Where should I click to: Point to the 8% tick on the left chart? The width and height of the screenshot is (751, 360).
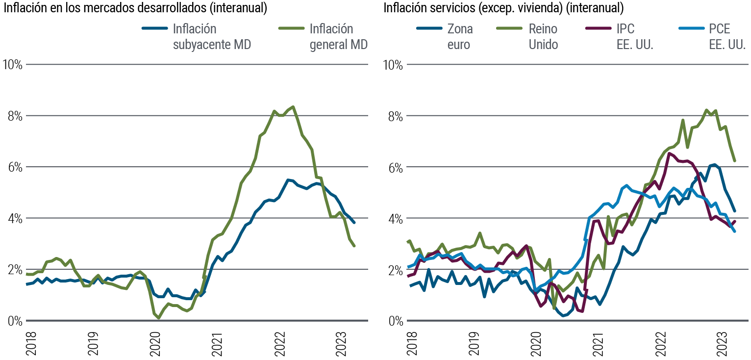(13, 116)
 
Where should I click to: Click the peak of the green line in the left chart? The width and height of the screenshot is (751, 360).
(293, 106)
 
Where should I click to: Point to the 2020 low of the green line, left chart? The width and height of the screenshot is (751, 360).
(159, 318)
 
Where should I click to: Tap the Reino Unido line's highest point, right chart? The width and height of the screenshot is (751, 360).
(706, 110)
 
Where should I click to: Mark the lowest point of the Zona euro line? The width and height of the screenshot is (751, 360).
(563, 316)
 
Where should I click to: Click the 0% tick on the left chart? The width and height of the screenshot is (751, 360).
(13, 321)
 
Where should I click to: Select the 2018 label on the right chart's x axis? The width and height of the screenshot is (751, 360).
(410, 341)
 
